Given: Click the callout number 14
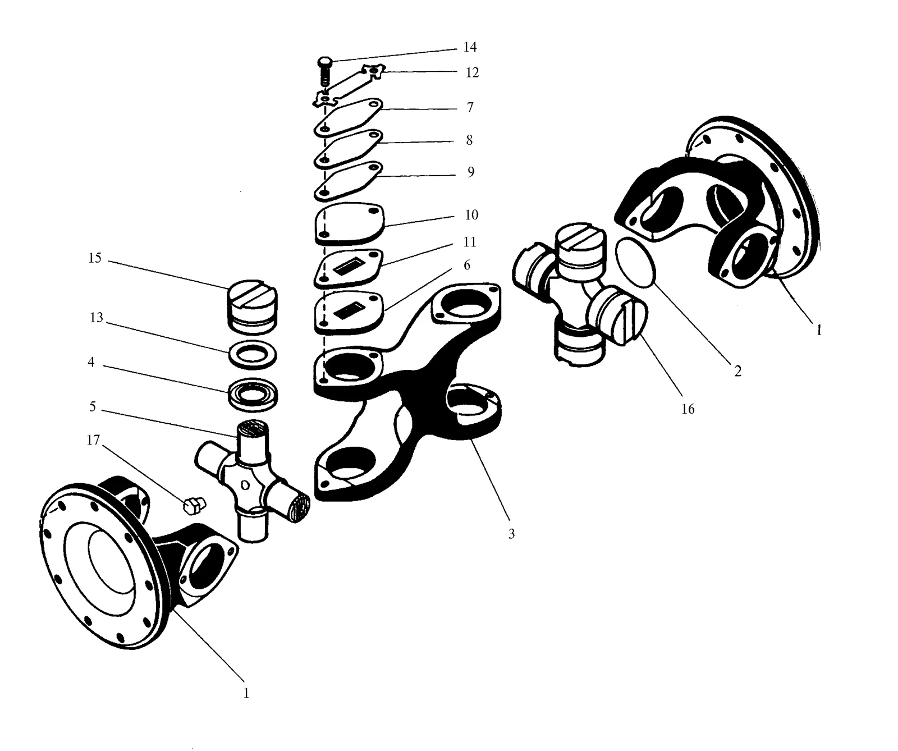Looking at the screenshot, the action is click(x=470, y=47).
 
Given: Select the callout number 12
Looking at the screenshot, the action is click(x=472, y=72).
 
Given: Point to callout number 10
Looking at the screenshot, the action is click(x=471, y=214).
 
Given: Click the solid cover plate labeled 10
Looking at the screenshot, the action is click(x=350, y=223).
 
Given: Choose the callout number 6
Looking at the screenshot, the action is click(x=466, y=265).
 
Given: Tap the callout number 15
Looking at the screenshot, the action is click(x=95, y=258).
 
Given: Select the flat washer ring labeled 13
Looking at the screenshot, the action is click(x=253, y=356).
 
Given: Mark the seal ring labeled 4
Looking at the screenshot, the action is click(x=253, y=392).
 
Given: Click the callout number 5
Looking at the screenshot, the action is click(x=93, y=406).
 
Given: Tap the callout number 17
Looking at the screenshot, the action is click(x=93, y=440).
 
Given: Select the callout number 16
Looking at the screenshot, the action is click(x=688, y=409).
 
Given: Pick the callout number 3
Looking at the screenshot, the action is click(x=511, y=534).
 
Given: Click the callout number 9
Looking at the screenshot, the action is click(x=470, y=172).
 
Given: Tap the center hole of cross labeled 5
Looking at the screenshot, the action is click(x=245, y=484).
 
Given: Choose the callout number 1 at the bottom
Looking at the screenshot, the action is click(x=246, y=693).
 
